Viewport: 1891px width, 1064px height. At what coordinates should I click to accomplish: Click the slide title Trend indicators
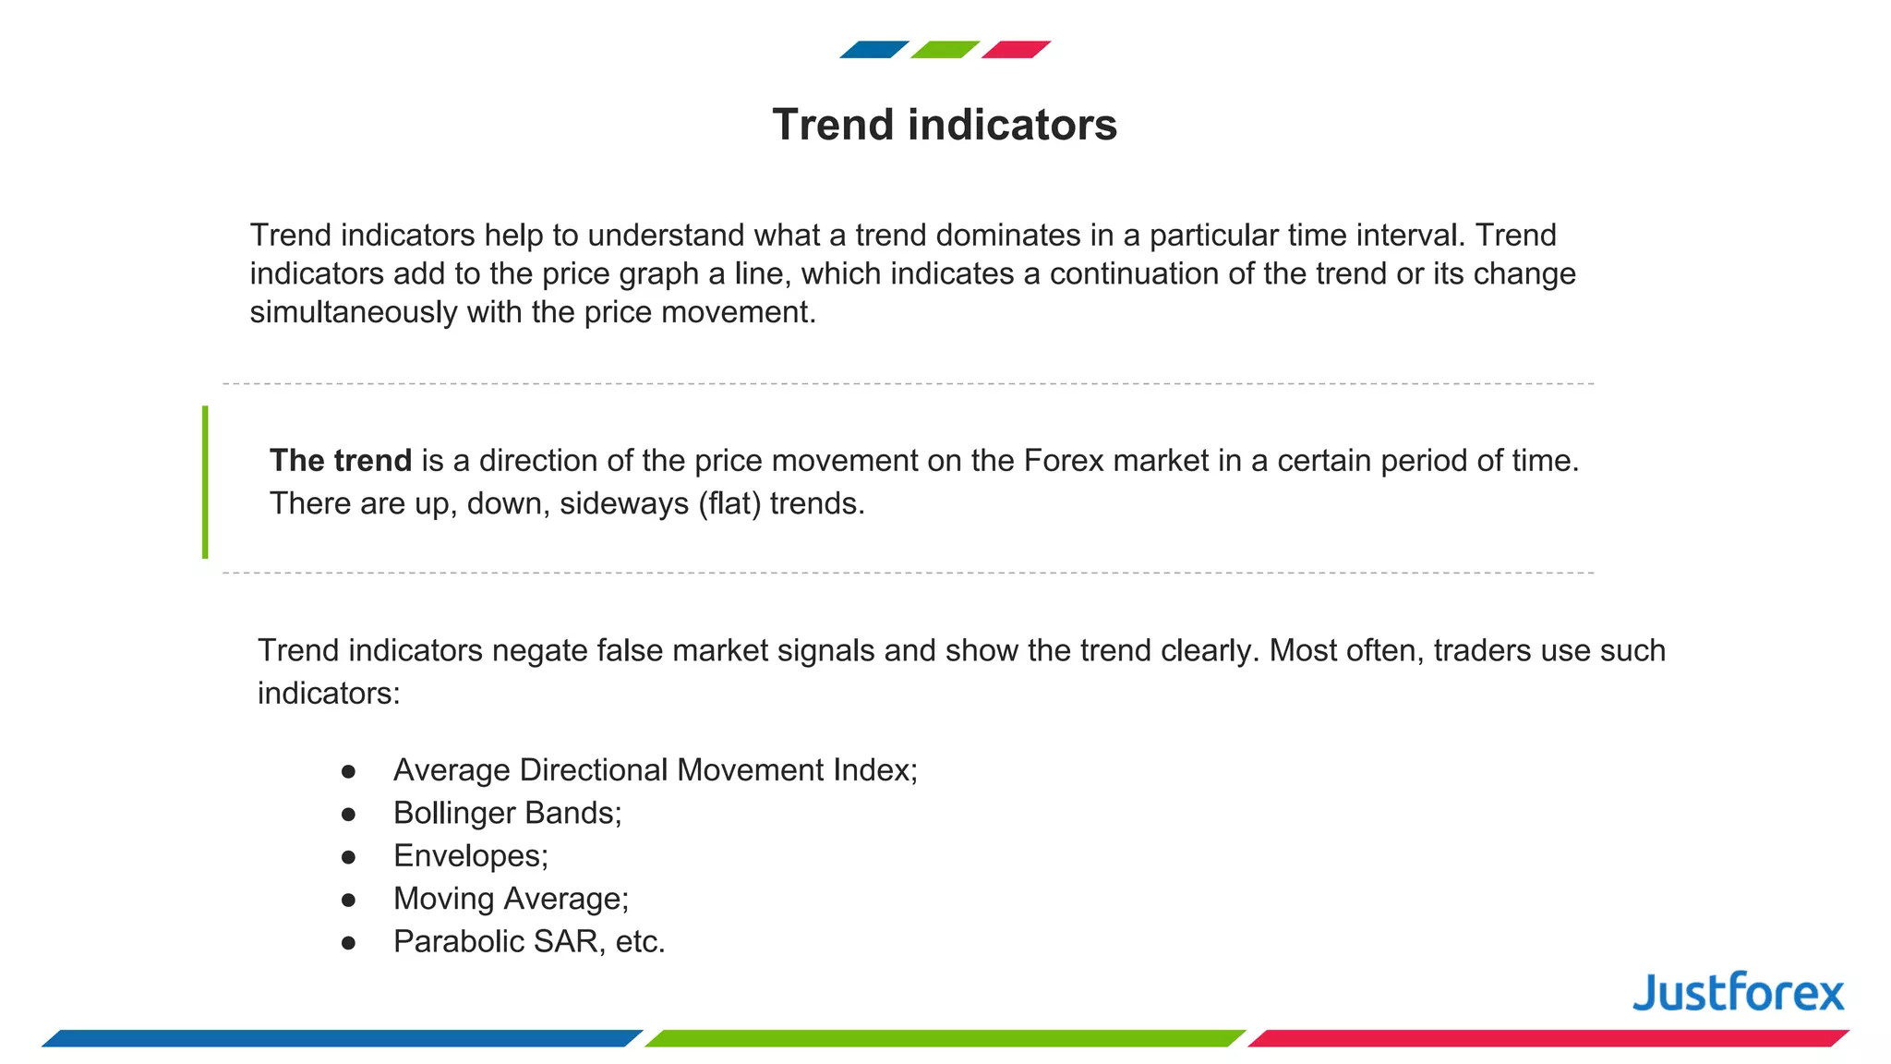945,125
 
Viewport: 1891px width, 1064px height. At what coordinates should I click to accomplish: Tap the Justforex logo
1738,993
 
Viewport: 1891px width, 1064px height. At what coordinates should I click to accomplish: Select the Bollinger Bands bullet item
507,813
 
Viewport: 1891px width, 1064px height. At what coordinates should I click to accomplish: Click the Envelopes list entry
470,856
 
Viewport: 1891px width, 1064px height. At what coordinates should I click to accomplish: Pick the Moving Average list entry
511,899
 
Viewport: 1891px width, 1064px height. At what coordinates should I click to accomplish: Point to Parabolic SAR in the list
529,941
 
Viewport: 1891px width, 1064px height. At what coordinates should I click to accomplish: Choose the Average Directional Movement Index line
655,770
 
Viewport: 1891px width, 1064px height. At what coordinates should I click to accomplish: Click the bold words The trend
340,461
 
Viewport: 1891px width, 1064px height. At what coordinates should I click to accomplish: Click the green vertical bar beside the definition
205,482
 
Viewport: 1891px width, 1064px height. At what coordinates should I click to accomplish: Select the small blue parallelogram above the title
873,50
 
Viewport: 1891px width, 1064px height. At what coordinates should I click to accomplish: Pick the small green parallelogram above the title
945,50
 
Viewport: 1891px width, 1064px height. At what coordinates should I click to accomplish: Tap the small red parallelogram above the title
1016,50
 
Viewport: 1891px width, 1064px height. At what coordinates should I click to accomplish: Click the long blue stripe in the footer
342,1038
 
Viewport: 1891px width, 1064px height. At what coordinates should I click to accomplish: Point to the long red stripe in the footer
1548,1038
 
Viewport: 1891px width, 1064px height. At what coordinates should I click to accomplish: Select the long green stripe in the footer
945,1038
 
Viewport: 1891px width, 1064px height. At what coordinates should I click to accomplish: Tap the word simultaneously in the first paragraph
353,313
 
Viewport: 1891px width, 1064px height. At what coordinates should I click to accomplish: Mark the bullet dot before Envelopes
348,857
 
